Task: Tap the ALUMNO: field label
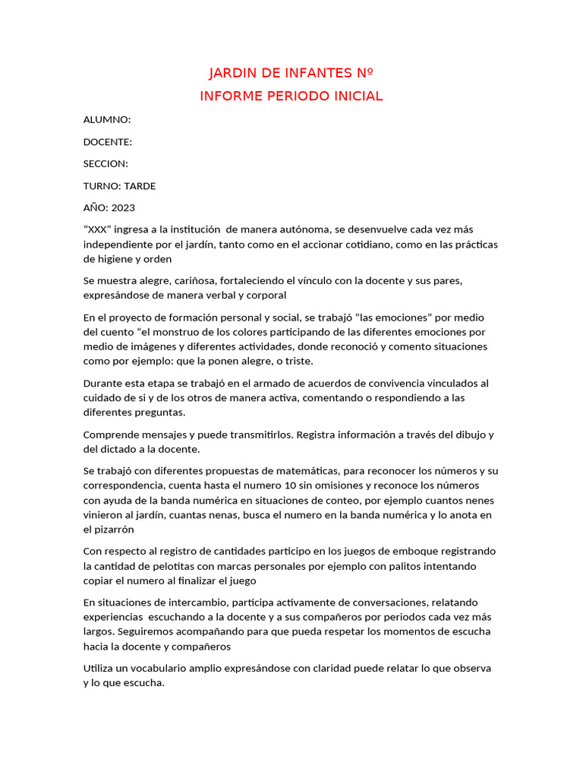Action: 107,120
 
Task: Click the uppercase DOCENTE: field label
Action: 108,142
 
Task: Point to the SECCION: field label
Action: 106,164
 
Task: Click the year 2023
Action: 123,208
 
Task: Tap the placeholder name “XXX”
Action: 97,229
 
